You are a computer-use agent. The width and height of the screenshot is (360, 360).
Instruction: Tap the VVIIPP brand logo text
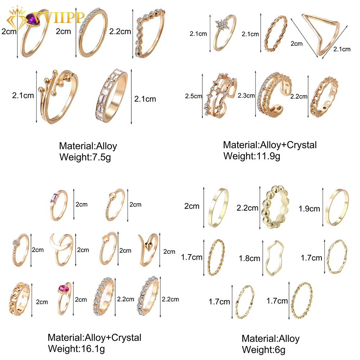click(57, 17)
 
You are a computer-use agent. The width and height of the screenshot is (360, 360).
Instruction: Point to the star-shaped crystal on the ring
click(222, 24)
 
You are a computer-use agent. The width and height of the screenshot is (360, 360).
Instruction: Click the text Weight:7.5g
click(85, 157)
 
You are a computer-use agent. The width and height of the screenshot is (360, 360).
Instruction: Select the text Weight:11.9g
click(252, 156)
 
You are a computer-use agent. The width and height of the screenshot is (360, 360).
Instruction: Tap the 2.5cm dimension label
click(193, 96)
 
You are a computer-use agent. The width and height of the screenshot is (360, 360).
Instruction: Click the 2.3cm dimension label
click(246, 95)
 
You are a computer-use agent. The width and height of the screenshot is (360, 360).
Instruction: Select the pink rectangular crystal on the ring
click(55, 198)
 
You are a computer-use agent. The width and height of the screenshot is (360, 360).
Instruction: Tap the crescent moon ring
click(61, 249)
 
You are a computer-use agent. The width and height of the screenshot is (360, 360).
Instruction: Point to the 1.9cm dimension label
click(309, 209)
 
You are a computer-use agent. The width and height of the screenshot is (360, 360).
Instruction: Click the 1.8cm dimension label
click(249, 258)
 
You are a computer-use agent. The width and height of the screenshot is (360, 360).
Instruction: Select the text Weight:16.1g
click(76, 349)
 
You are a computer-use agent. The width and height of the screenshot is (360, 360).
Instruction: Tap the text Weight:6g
click(264, 350)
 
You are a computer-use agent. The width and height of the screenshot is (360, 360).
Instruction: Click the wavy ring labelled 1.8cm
click(275, 258)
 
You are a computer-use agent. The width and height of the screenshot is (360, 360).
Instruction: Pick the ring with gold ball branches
click(59, 96)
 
